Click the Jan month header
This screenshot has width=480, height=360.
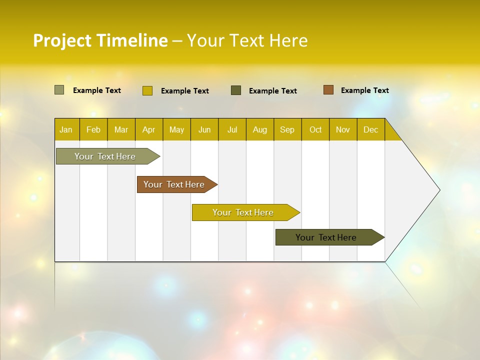tap(66, 129)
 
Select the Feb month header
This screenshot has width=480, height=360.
tap(93, 129)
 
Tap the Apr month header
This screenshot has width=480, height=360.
tap(148, 129)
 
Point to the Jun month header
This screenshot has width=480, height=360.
tap(204, 129)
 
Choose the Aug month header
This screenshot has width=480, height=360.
tap(259, 129)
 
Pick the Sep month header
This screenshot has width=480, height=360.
tap(287, 129)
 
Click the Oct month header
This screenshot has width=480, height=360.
tap(315, 129)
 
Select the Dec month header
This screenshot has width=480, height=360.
tap(370, 129)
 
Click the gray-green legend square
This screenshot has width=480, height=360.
tap(59, 90)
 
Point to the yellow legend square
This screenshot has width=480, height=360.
tap(147, 90)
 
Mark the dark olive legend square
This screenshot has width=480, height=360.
tap(236, 90)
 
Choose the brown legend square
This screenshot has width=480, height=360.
tap(328, 90)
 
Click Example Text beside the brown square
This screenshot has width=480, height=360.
tap(364, 90)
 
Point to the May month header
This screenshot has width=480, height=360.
tap(176, 129)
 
